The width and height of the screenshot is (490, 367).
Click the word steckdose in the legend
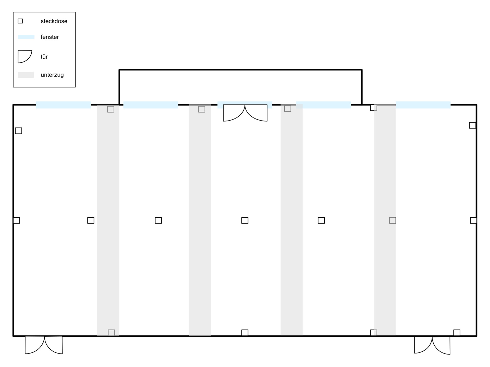(x=54, y=21)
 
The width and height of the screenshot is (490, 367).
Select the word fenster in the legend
(x=50, y=37)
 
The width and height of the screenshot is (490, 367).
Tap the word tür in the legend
(x=44, y=57)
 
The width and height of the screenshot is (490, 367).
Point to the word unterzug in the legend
(x=52, y=75)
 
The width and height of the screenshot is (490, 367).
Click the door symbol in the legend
(x=24, y=56)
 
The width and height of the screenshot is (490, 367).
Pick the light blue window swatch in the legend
(x=26, y=37)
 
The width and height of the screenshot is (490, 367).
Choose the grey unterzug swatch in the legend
(x=26, y=75)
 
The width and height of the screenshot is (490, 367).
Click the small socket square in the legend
(x=20, y=21)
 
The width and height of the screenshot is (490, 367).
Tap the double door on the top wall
(x=245, y=113)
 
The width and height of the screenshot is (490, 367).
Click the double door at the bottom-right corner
(x=432, y=345)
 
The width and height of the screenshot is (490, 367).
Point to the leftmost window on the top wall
(x=63, y=105)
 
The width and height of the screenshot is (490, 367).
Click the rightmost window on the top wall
(x=423, y=105)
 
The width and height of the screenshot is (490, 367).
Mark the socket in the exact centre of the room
(x=245, y=220)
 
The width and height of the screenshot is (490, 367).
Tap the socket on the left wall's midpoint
(x=17, y=220)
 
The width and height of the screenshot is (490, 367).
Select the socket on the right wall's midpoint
(x=473, y=220)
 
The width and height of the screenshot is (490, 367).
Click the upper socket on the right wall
(x=472, y=125)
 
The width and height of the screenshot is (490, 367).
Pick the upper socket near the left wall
(x=19, y=131)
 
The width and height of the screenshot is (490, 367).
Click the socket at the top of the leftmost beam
(x=111, y=109)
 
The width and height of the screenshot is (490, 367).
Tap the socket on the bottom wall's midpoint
(x=245, y=333)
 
